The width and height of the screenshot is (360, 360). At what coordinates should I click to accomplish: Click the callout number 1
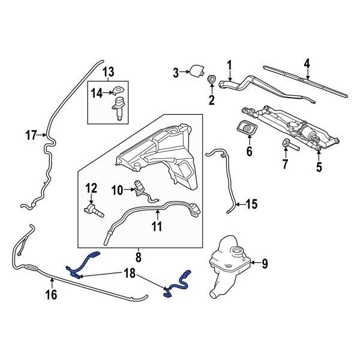pyautogui.click(x=229, y=65)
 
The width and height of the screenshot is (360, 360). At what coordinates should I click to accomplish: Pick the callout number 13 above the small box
pyautogui.click(x=108, y=73)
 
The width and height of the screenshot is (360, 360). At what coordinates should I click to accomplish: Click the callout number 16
pyautogui.click(x=51, y=295)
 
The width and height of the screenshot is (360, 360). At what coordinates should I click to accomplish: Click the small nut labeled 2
pyautogui.click(x=211, y=79)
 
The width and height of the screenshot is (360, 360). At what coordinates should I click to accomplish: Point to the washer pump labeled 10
pyautogui.click(x=142, y=186)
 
